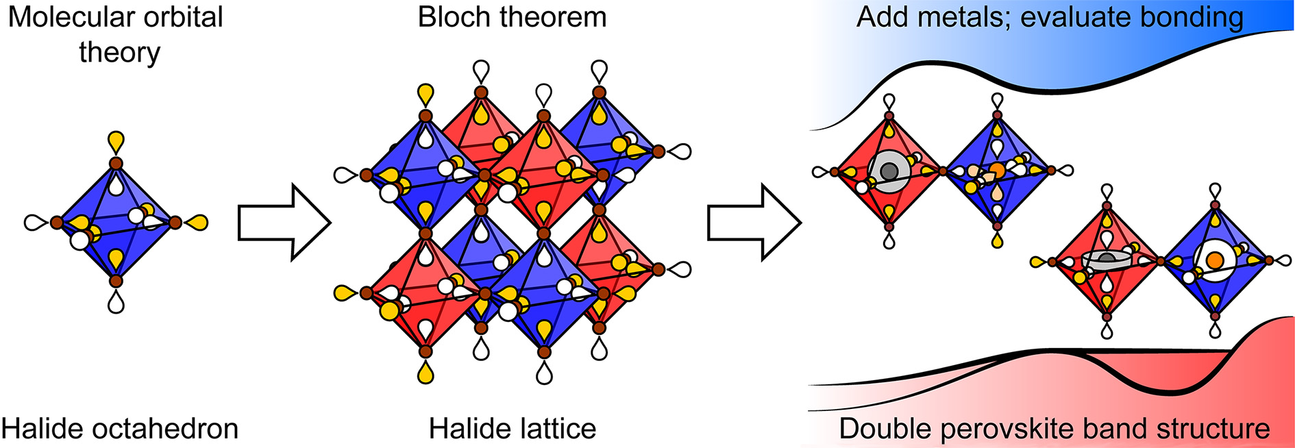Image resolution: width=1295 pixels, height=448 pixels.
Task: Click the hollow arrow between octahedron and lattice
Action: click(x=284, y=222)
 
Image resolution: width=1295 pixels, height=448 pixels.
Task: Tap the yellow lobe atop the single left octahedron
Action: click(x=116, y=142)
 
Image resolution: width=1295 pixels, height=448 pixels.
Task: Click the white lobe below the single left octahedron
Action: click(x=116, y=302)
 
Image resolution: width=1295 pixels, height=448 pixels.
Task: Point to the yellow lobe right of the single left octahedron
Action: click(x=197, y=222)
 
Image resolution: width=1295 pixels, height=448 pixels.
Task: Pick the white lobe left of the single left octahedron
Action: click(x=34, y=222)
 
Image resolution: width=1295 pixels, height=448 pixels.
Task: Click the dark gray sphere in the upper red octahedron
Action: click(x=889, y=171)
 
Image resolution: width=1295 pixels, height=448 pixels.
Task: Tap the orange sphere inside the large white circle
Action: click(x=1214, y=260)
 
